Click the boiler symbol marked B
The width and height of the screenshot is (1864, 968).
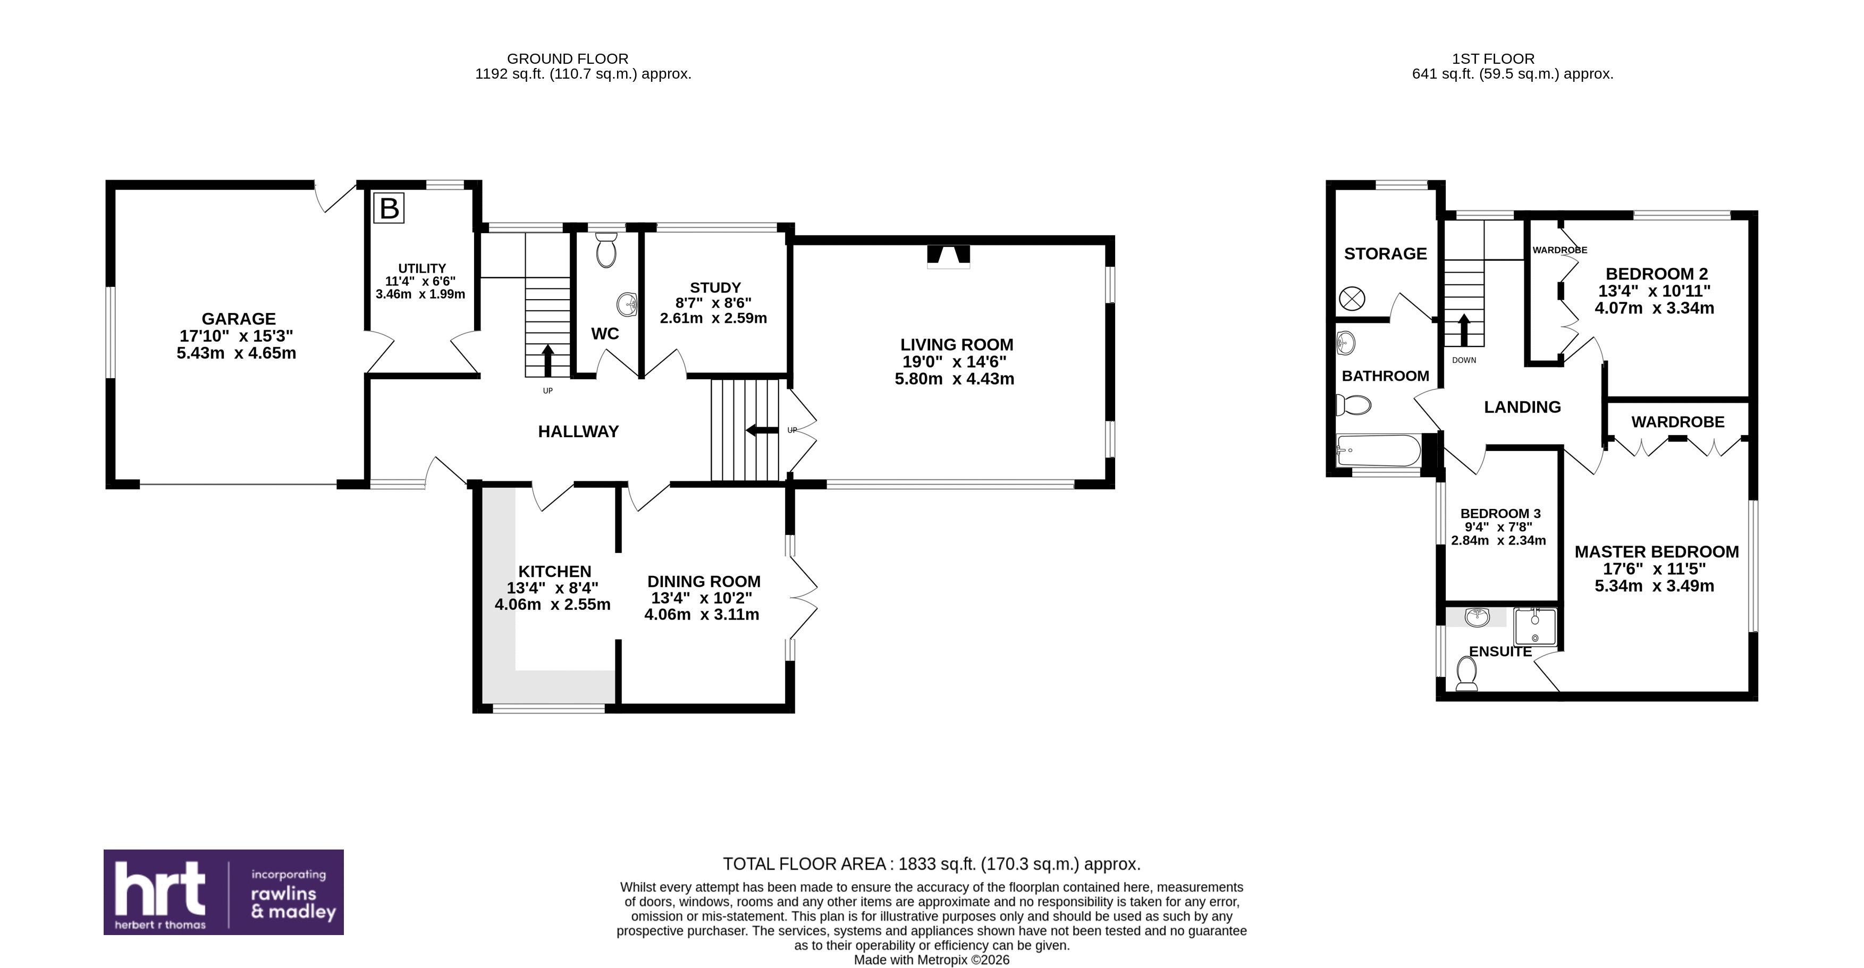click(x=389, y=208)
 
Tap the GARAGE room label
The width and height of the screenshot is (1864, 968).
click(x=238, y=319)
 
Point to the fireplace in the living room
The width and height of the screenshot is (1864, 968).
click(x=948, y=257)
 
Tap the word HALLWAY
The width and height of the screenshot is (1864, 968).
click(x=578, y=432)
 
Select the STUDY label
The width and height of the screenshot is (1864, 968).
click(x=715, y=287)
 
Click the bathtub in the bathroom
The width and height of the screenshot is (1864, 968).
click(x=1378, y=451)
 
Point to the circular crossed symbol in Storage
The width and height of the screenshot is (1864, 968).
click(x=1352, y=298)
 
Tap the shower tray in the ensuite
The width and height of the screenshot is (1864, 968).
click(x=1535, y=626)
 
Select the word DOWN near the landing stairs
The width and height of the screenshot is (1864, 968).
click(x=1464, y=360)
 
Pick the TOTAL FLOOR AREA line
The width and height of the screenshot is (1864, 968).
click(x=931, y=864)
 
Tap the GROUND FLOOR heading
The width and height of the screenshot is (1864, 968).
click(x=567, y=58)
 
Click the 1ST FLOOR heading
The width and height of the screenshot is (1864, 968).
click(x=1493, y=58)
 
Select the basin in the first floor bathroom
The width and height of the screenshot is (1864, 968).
click(x=1346, y=344)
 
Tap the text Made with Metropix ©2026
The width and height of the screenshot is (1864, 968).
click(x=931, y=960)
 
